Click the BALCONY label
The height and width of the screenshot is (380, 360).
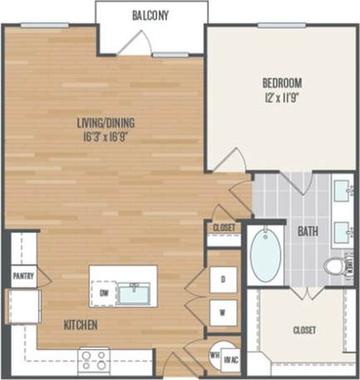tap(150, 14)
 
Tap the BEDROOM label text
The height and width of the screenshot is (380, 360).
tap(282, 82)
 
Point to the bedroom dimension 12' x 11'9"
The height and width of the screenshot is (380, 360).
tap(282, 96)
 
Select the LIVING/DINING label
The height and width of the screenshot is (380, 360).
tap(106, 124)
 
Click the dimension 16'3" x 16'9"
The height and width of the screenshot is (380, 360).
tap(106, 137)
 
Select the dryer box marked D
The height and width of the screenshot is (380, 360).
tap(223, 279)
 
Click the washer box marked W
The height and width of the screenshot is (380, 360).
tap(223, 313)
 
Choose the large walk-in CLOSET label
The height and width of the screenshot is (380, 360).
tap(304, 330)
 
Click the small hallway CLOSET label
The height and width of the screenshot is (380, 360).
tap(224, 227)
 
